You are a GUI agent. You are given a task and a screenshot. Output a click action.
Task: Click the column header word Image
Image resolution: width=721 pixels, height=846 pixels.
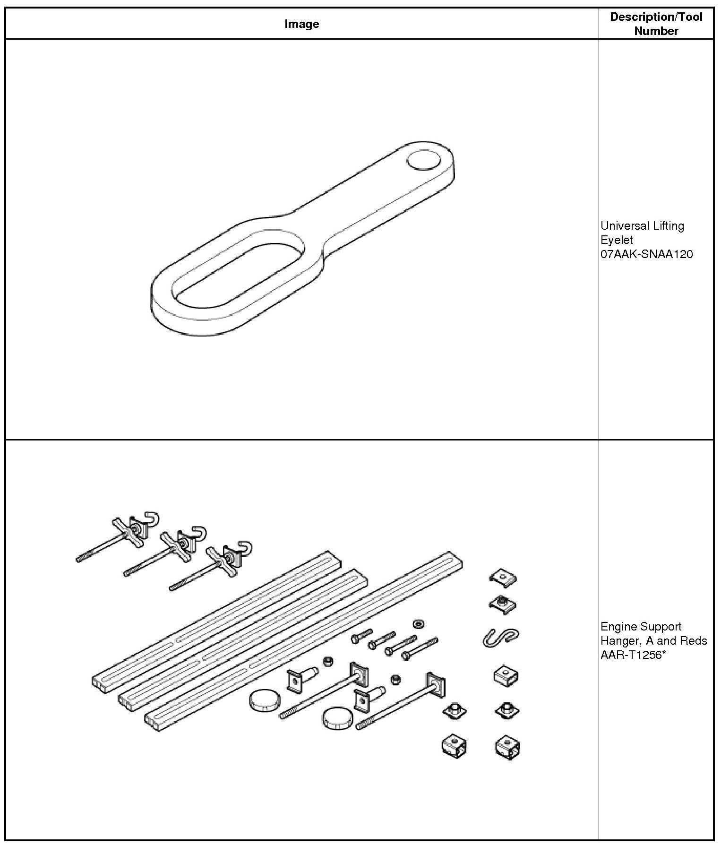[301, 24]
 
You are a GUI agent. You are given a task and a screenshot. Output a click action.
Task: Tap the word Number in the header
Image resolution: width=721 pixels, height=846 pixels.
[656, 31]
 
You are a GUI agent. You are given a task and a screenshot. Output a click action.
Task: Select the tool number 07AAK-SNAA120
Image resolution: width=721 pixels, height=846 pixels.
[646, 254]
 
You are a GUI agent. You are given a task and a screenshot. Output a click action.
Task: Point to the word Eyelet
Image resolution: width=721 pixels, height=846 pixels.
[617, 240]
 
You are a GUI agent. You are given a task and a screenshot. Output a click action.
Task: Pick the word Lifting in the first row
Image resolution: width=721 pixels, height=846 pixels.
[668, 226]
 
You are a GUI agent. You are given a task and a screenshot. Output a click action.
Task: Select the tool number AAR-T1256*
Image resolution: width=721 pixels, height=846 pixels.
[630, 655]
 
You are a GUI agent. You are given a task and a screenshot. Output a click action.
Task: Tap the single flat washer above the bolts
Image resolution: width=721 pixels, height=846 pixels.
[418, 624]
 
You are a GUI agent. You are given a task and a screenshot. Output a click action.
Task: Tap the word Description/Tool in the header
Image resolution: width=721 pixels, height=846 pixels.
[656, 17]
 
